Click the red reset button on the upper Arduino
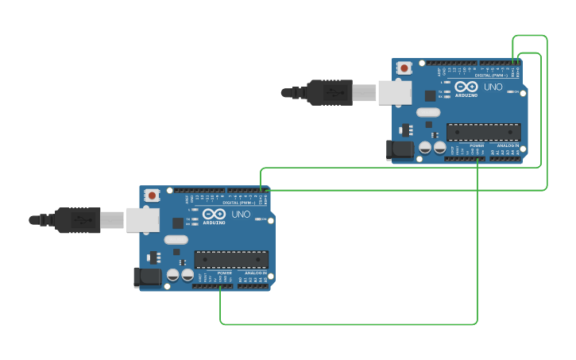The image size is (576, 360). click(404, 68)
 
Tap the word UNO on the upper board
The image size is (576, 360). click(493, 87)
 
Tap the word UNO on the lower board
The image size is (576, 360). click(241, 214)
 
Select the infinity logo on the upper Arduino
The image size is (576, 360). click(466, 87)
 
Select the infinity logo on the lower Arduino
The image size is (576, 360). click(214, 214)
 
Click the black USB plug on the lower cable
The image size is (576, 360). click(78, 220)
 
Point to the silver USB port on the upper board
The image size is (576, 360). click(395, 93)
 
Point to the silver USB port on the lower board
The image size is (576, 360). click(143, 220)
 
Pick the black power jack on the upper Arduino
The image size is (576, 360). click(399, 149)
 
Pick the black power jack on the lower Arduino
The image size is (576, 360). click(147, 277)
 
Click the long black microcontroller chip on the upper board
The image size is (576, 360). click(483, 132)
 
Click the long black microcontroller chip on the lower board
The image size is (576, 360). click(231, 259)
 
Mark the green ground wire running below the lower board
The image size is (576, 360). click(350, 324)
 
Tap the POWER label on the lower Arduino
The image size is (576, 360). click(224, 273)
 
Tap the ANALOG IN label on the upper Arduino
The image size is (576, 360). click(508, 146)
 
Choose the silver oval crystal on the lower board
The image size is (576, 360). click(176, 239)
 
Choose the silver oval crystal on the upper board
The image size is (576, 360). click(428, 112)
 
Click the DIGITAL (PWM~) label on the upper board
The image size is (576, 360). click(492, 75)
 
